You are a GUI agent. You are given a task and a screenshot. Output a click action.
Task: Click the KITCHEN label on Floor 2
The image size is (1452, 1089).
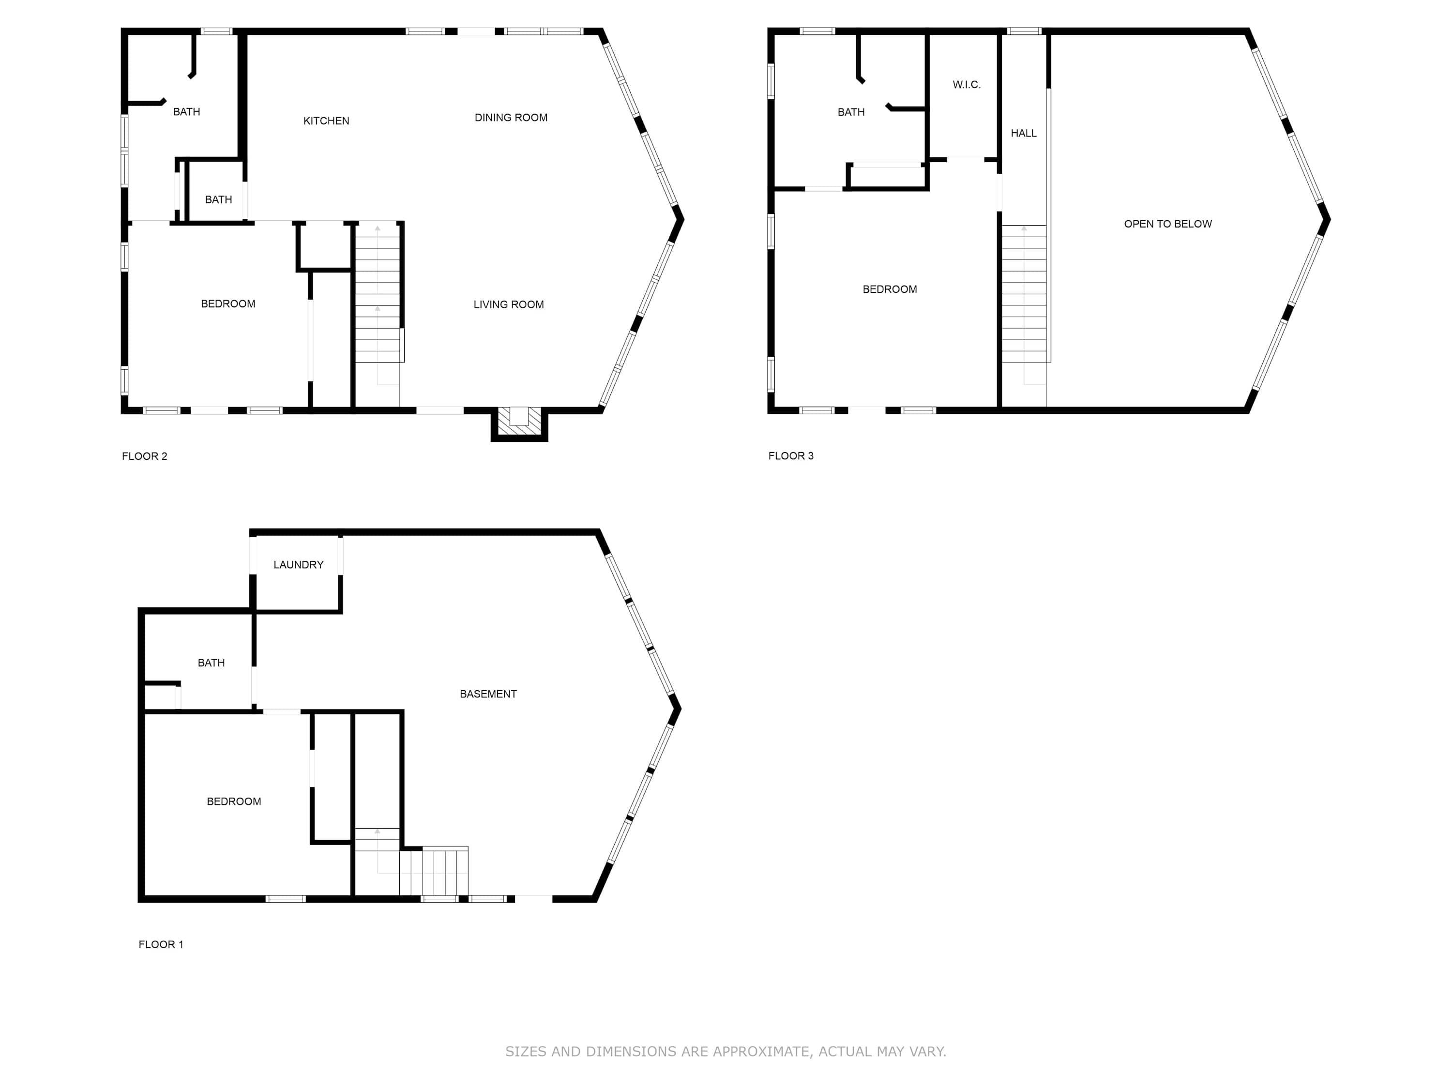[326, 121]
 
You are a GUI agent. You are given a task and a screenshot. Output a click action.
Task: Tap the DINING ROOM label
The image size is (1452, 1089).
[511, 118]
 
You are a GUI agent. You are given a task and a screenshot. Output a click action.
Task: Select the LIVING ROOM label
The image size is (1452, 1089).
[509, 304]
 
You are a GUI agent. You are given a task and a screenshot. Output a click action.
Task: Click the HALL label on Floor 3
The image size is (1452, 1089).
[1023, 133]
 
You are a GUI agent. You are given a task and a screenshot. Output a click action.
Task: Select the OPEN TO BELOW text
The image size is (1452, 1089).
[1168, 224]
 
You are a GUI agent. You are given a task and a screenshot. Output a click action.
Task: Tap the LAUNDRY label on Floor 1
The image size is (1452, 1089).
[299, 564]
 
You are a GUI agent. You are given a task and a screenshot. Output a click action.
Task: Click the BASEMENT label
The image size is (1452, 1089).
[488, 694]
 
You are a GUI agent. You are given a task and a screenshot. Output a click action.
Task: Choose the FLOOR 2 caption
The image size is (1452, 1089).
[144, 456]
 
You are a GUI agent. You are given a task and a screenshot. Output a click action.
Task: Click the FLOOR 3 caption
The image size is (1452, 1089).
[791, 455]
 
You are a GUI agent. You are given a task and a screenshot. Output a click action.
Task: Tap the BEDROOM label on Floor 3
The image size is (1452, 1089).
[890, 289]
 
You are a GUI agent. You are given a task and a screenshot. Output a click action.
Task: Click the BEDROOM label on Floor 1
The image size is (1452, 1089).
[234, 802]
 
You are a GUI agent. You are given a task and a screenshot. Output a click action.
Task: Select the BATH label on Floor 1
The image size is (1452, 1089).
[212, 663]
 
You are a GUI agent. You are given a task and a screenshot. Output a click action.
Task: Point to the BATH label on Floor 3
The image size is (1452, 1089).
[851, 112]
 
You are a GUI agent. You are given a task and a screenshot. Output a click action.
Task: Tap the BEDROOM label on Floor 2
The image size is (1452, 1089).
[228, 304]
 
